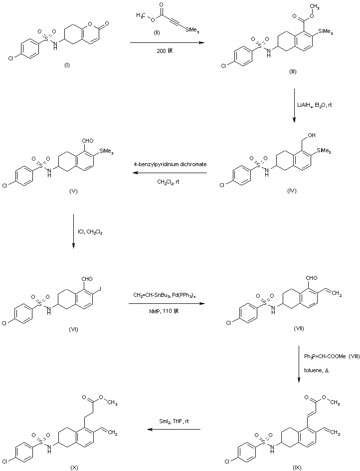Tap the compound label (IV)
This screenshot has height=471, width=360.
pyautogui.click(x=293, y=191)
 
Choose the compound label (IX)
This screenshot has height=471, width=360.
pyautogui.click(x=297, y=467)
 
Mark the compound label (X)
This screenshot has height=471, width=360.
pyautogui.click(x=74, y=467)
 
